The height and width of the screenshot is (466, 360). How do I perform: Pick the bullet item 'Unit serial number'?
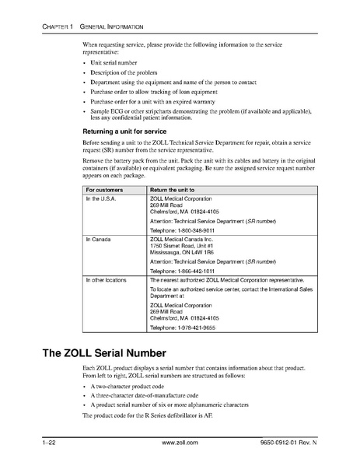tap(113, 61)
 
